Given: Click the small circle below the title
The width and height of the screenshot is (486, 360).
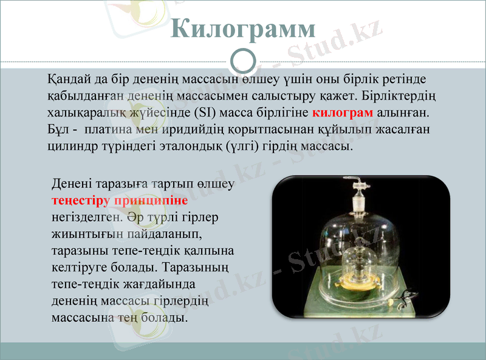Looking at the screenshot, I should click(x=243, y=61).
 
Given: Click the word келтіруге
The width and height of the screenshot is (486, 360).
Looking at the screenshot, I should click(x=79, y=266).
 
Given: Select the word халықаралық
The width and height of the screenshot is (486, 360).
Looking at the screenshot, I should click(x=90, y=113).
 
